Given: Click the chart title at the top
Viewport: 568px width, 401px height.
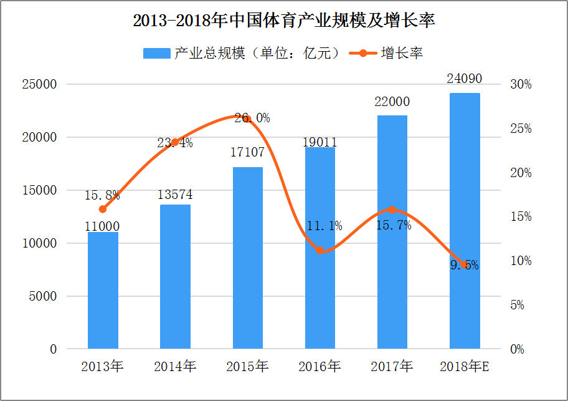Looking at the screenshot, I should [x=283, y=21].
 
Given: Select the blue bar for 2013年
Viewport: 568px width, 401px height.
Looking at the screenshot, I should [x=103, y=290].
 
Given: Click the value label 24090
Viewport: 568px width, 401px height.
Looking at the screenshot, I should [x=465, y=79].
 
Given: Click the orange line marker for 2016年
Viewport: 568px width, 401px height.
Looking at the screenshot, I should [x=320, y=250].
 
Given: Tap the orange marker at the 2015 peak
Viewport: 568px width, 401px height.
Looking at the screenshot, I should [x=248, y=117].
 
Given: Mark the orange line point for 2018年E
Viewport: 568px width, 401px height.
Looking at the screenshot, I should [x=465, y=264].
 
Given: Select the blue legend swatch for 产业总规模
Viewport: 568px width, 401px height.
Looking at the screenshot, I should [x=156, y=53].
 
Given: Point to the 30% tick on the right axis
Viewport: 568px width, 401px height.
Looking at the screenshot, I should [x=521, y=84].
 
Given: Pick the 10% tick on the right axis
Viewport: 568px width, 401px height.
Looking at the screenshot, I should [x=521, y=261].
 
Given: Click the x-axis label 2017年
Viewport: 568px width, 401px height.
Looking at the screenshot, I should [x=392, y=366].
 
